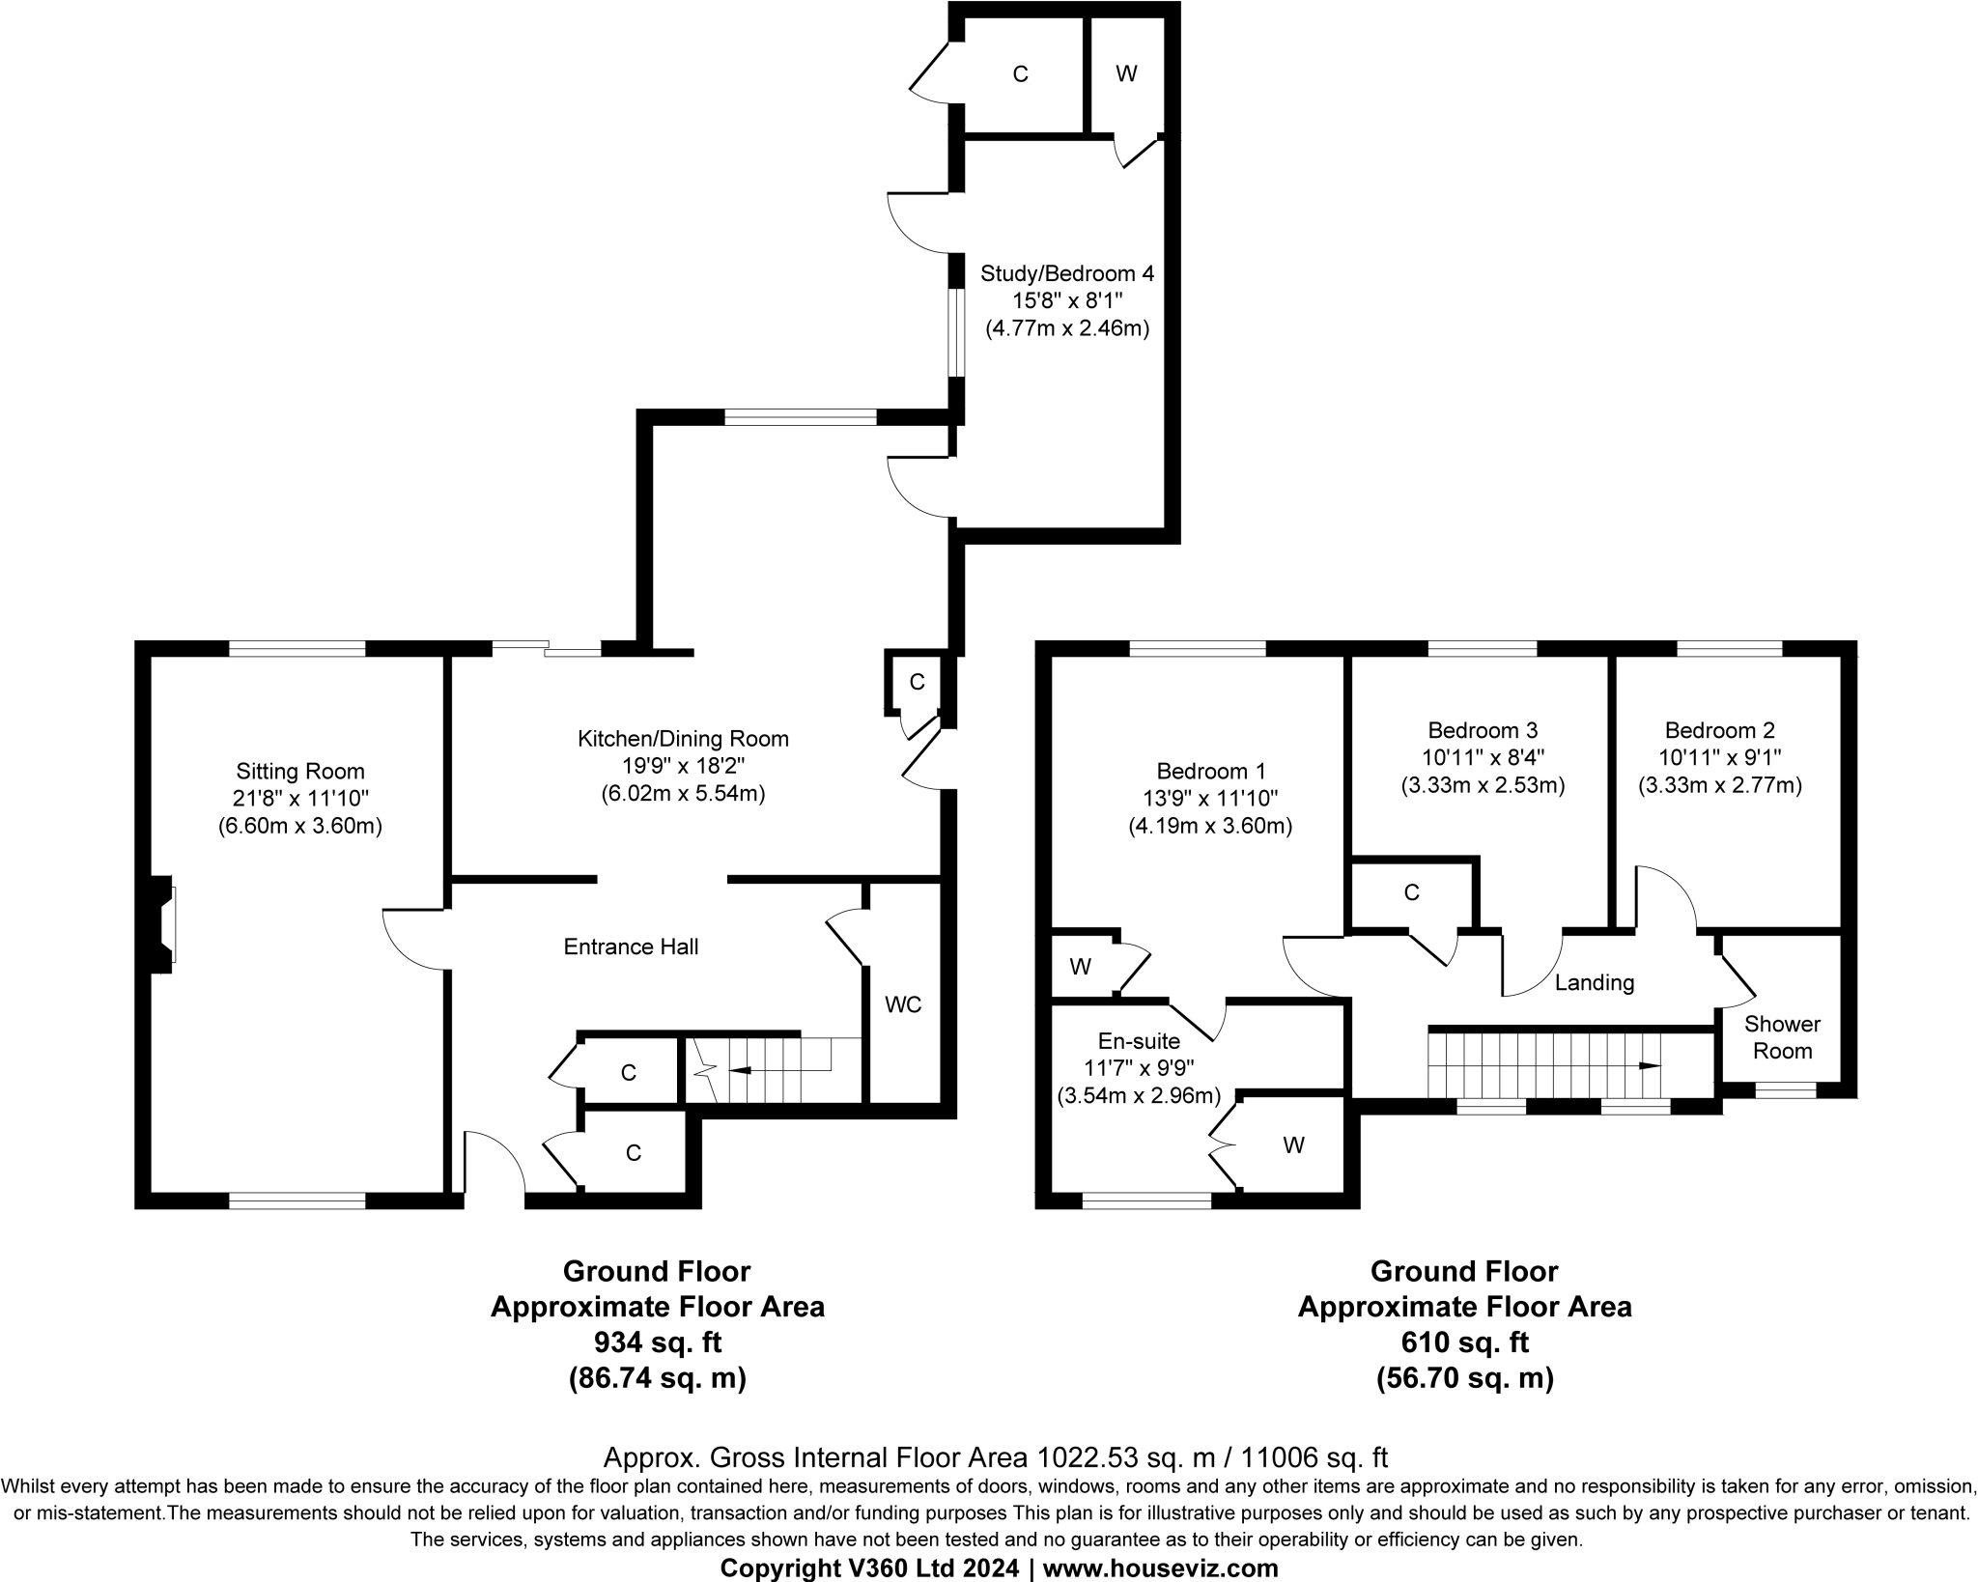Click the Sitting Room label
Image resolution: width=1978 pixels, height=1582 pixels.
(300, 771)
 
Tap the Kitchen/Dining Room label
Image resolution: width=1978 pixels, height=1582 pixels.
(683, 739)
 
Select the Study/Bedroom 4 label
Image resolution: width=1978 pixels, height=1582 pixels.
(1066, 273)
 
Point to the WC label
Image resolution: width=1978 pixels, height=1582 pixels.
(903, 1004)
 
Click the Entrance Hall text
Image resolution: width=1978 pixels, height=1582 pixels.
(631, 946)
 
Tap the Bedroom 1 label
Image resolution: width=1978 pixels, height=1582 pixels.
(1210, 771)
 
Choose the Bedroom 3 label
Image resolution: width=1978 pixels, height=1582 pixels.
(1483, 730)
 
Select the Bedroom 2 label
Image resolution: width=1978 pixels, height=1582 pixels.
(1719, 730)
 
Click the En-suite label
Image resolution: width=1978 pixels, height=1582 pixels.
(1139, 1040)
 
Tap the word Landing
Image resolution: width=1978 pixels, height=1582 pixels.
(1594, 983)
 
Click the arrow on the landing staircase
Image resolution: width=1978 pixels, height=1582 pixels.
(1649, 1066)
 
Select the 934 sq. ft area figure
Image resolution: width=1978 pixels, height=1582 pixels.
(657, 1342)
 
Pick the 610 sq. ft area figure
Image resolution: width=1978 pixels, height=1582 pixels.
(1464, 1342)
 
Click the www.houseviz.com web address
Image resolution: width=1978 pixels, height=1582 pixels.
(1160, 1568)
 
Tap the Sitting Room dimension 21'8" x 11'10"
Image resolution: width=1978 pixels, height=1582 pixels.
(300, 799)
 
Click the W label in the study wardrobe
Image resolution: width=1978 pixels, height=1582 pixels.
(1126, 73)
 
